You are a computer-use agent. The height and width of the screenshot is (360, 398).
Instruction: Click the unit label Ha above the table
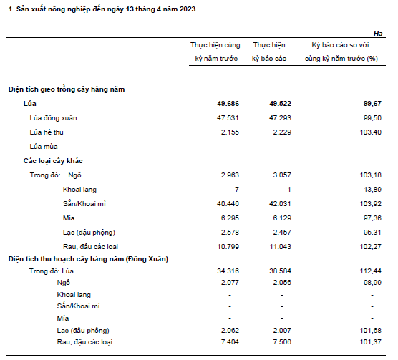[x=378, y=34]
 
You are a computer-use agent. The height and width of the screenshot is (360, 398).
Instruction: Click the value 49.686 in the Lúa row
[x=228, y=104]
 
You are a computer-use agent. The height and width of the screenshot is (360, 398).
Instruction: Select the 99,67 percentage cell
[x=372, y=104]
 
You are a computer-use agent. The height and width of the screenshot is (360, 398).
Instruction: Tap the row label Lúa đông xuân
[x=53, y=118]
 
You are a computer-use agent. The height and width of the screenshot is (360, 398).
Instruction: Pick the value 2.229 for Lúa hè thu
[x=282, y=132]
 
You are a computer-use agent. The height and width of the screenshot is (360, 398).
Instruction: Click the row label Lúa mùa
[x=44, y=147]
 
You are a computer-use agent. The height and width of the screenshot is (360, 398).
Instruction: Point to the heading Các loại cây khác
[x=53, y=161]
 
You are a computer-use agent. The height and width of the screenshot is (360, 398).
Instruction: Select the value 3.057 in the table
[x=282, y=175]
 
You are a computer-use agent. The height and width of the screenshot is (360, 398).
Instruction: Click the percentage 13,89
[x=372, y=190]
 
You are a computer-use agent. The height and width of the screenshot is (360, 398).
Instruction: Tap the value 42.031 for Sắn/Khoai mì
[x=280, y=204]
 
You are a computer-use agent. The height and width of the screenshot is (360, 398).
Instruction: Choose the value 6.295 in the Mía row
[x=230, y=218]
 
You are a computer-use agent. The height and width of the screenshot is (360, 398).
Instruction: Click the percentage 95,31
[x=372, y=233]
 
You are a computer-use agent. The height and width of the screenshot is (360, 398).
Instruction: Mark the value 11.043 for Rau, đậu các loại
[x=280, y=247]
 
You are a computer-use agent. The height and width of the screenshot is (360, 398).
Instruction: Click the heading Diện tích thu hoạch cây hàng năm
[x=67, y=259]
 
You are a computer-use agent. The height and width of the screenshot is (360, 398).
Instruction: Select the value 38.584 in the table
[x=280, y=271]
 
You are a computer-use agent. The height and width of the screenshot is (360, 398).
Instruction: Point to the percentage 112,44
[x=371, y=271]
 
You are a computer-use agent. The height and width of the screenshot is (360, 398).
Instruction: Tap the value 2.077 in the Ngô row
[x=230, y=283]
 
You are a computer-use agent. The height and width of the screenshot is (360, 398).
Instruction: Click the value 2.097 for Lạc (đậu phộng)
[x=282, y=331]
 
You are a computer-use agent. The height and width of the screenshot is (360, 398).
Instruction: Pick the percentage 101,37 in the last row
[x=371, y=342]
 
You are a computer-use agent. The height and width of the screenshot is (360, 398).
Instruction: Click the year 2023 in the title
[x=188, y=9]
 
